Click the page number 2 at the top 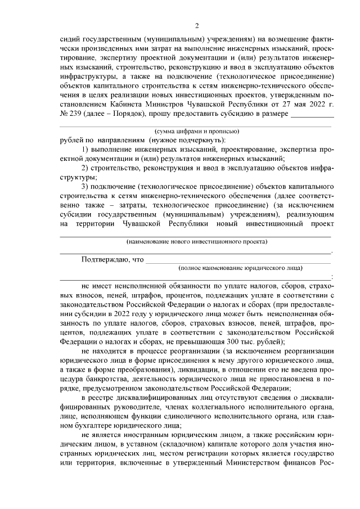197,25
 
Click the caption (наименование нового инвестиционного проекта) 197,241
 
